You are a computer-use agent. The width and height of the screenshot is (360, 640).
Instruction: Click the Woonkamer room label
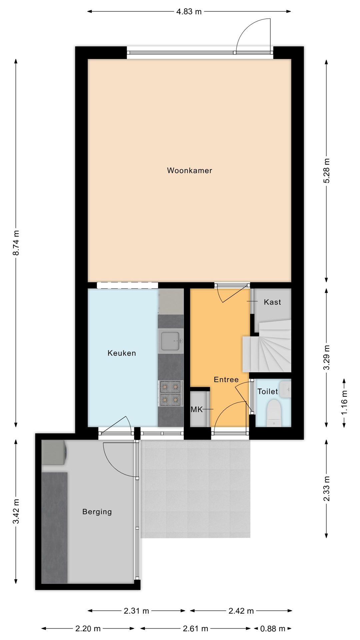189,171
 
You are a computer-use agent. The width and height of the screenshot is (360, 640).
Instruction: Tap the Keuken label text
122,353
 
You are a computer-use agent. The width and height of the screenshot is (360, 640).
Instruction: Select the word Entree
226,380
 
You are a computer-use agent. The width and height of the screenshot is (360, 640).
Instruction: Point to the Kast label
272,302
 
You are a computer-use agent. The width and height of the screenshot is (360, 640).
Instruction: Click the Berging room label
97,512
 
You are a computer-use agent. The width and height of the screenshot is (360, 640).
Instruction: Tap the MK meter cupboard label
196,409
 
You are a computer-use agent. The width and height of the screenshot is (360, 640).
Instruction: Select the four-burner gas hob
171,393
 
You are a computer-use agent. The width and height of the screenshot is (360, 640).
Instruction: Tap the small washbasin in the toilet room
285,389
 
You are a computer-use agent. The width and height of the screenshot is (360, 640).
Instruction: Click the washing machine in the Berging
54,452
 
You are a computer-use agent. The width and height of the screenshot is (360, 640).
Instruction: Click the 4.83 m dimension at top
189,12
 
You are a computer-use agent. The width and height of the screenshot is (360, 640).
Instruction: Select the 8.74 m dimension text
16,243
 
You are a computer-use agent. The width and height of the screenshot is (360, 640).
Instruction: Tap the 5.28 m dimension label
326,170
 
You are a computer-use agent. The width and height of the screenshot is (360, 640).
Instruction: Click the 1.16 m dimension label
344,402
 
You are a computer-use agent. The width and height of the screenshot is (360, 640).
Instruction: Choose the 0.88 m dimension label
273,629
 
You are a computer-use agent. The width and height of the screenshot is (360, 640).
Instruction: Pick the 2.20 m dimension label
88,629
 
